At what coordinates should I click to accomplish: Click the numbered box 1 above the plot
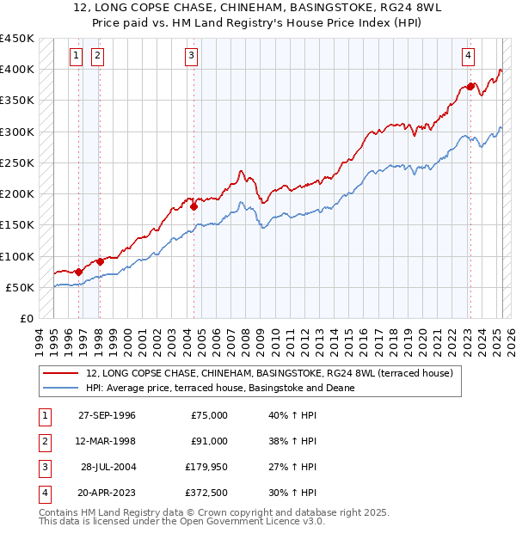[x=77, y=57]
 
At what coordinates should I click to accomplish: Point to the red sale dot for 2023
[x=470, y=86]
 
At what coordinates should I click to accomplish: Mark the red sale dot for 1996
[x=79, y=272]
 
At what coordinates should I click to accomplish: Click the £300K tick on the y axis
[x=17, y=132]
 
